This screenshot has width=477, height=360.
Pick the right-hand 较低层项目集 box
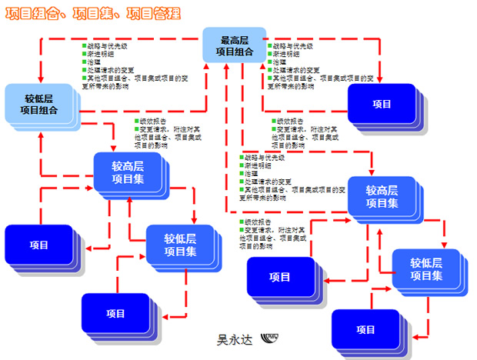click(x=425, y=269)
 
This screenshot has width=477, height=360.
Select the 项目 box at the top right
click(x=382, y=104)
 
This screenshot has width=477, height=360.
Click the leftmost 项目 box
click(x=39, y=245)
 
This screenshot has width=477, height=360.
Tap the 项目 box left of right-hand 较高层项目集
click(x=280, y=277)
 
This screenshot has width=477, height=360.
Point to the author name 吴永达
click(x=233, y=338)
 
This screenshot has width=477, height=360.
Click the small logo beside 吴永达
click(x=271, y=338)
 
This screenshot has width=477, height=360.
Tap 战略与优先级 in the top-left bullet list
click(x=105, y=45)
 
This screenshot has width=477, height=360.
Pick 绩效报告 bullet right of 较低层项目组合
click(x=151, y=121)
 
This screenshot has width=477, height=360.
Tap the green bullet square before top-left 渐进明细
click(x=85, y=54)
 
